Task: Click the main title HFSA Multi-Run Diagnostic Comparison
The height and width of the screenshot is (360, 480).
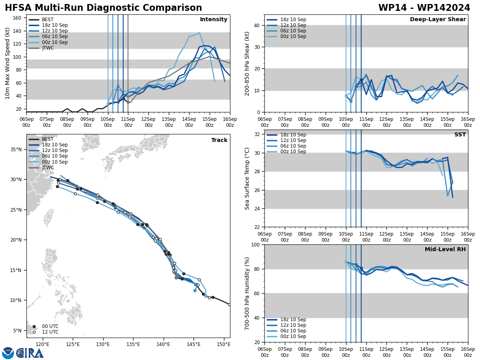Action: click(103, 8)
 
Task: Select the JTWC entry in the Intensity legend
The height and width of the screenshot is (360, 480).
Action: click(48, 48)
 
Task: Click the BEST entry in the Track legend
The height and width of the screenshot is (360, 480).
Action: click(48, 139)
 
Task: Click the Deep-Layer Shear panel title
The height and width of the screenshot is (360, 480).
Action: click(438, 20)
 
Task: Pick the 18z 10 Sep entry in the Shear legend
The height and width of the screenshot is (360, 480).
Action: click(293, 20)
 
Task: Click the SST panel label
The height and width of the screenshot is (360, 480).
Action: click(460, 135)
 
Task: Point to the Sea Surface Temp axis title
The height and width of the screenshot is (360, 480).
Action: click(247, 178)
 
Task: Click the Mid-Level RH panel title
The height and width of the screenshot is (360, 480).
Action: click(445, 250)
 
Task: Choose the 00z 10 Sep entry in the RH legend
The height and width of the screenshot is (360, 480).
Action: click(293, 336)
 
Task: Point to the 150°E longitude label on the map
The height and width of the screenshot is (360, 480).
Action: click(224, 344)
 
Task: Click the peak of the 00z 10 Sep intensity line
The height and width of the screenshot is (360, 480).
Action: click(199, 33)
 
